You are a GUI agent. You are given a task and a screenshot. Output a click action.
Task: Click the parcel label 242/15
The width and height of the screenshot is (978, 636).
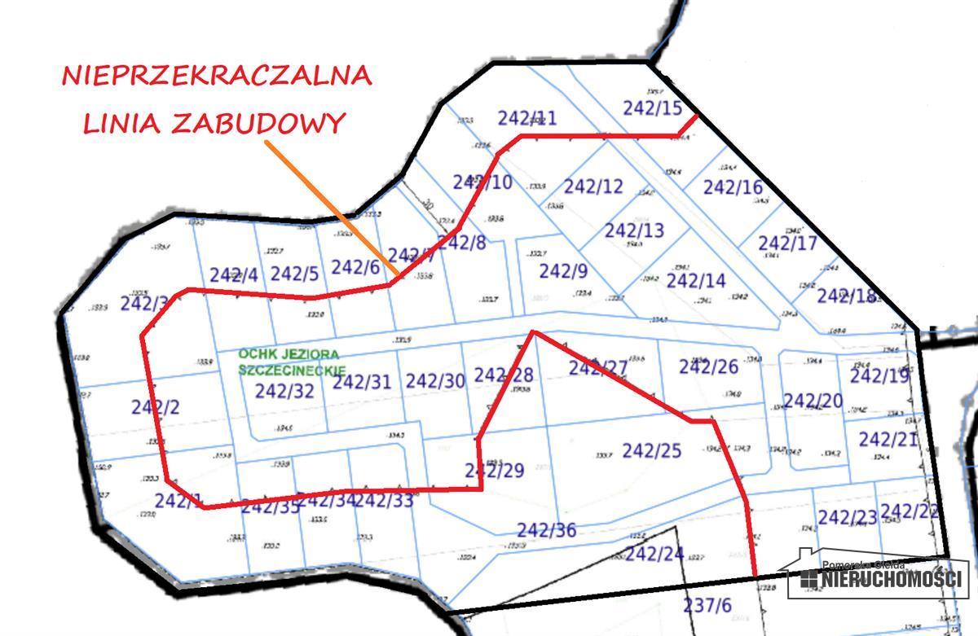coord(652,107)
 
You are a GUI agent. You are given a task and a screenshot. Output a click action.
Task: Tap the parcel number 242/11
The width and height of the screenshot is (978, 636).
coord(527,118)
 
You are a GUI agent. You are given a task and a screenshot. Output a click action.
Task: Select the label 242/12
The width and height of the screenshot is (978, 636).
coord(593,186)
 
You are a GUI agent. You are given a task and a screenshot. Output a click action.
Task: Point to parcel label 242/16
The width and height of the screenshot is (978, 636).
coord(733,187)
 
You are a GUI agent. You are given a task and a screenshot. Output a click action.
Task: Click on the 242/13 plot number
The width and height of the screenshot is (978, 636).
coord(634,230)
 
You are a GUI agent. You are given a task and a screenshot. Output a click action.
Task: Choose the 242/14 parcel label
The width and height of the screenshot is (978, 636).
coord(695,281)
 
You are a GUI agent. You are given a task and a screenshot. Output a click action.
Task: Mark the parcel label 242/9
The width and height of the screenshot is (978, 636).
coord(563,270)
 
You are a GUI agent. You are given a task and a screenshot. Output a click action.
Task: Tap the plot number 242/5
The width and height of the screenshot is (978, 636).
coord(294,274)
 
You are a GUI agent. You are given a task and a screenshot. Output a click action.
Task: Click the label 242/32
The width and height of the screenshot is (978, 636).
coord(284,391)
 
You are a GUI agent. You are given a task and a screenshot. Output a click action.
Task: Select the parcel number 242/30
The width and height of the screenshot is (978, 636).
coord(435,381)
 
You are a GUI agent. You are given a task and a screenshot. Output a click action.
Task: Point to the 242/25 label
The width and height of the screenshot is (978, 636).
coord(651,450)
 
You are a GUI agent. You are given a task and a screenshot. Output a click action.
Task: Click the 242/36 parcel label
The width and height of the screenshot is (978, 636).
coord(547,531)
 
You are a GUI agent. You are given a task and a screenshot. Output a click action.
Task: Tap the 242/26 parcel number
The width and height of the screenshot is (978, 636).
coord(708,367)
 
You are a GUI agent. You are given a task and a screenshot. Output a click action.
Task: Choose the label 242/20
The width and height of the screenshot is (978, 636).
coord(813,401)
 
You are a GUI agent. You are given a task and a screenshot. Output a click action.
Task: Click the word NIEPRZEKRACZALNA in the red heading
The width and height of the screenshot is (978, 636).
coord(217,76)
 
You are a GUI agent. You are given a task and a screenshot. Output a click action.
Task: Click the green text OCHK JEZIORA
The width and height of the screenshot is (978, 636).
coord(289,354)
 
